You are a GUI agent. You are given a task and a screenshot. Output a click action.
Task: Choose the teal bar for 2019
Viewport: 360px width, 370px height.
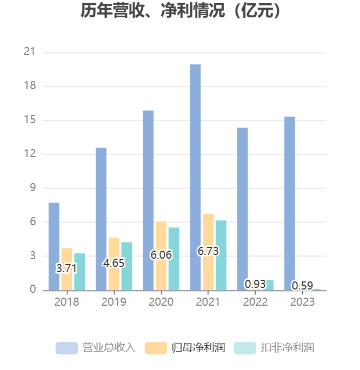tap(126, 266)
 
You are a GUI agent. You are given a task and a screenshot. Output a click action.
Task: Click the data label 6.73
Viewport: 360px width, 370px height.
tap(208, 251)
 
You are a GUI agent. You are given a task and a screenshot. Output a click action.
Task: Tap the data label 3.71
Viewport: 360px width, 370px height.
tap(66, 268)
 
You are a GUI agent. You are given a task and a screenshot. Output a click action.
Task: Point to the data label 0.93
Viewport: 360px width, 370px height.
tap(255, 284)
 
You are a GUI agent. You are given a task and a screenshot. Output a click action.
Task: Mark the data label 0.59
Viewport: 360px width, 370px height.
tap(302, 285)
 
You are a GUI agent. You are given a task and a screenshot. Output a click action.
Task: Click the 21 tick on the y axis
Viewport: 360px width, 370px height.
tap(30, 52)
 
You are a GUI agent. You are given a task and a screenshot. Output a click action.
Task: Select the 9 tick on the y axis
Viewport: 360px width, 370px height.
tap(32, 188)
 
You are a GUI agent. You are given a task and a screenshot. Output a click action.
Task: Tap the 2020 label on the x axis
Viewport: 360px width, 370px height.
tap(161, 302)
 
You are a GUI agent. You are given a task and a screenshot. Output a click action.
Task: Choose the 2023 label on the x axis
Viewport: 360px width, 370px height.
tap(302, 302)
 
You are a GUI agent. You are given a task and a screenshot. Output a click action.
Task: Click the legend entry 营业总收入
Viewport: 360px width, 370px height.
tap(96, 347)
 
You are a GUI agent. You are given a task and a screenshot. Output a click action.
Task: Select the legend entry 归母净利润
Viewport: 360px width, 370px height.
tap(185, 347)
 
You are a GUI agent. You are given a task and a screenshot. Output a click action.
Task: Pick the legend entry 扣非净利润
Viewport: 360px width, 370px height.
tap(274, 347)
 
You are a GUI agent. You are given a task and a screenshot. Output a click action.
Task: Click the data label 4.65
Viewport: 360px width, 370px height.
tap(114, 263)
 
